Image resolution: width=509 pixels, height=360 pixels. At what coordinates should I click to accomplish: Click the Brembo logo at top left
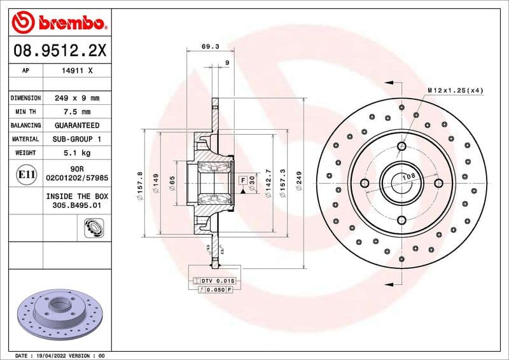tap(58, 22)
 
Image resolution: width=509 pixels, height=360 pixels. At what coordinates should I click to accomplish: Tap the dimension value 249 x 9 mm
tap(76, 99)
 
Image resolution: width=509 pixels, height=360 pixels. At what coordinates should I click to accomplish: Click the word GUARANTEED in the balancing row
tap(76, 125)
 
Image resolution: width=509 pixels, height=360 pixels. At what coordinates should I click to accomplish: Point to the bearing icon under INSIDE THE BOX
tap(94, 226)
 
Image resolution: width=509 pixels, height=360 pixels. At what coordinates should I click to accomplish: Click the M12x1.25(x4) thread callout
tap(455, 90)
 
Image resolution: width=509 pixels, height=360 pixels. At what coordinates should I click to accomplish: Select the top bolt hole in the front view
tap(401, 147)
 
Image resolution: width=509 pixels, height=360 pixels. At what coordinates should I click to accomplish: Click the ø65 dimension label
tap(172, 183)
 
